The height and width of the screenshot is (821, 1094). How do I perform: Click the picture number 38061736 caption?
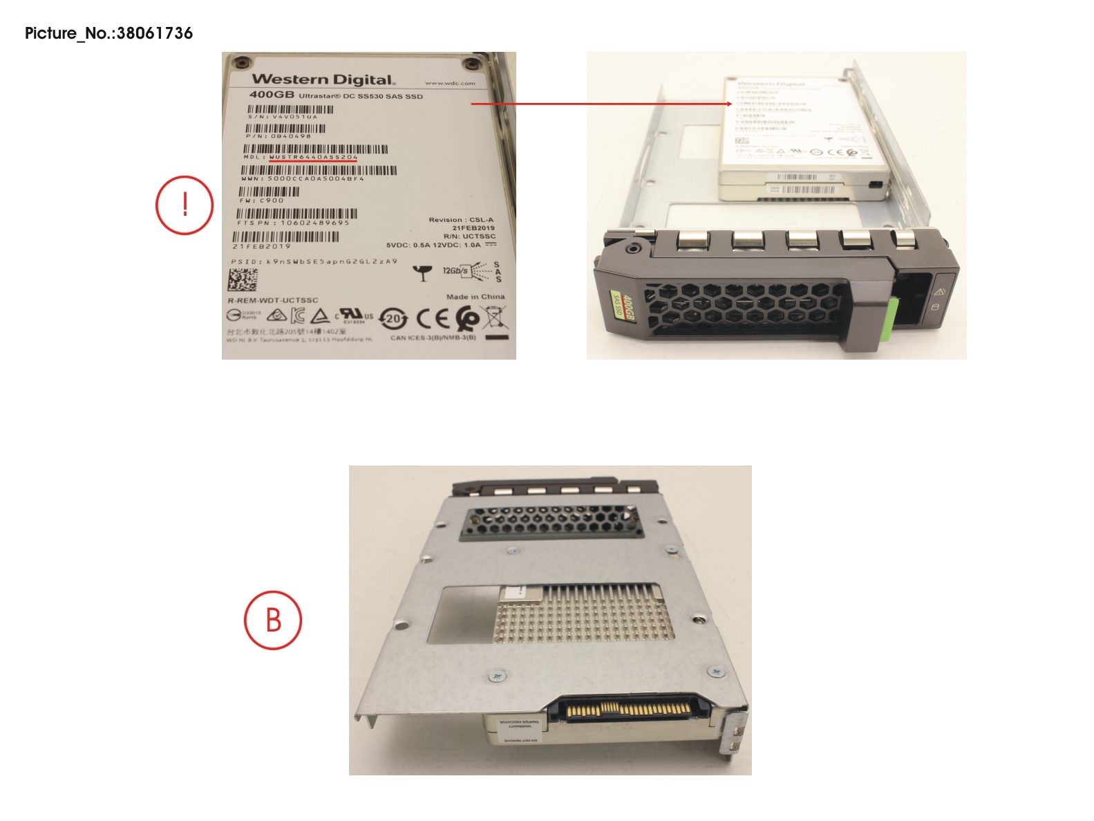pos(109,33)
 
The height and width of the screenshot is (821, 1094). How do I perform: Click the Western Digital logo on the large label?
pos(323,80)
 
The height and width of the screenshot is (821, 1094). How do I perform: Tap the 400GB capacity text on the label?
pos(272,95)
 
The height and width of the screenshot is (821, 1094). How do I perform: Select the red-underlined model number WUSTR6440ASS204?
pos(313,158)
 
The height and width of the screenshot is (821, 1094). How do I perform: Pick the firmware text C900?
pos(272,201)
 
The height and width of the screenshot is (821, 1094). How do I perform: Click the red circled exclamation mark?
pos(185,205)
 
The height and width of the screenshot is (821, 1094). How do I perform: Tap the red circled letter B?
pos(273,620)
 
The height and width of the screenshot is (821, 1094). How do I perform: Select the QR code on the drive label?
pos(243,280)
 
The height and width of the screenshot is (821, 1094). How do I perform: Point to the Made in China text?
pos(475,297)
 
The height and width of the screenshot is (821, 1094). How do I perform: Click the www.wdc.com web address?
pos(450,83)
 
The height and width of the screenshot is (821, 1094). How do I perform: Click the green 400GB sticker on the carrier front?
pos(621,305)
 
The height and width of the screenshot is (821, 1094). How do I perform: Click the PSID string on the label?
pos(314,262)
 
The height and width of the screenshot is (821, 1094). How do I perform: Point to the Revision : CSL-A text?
pos(461,220)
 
